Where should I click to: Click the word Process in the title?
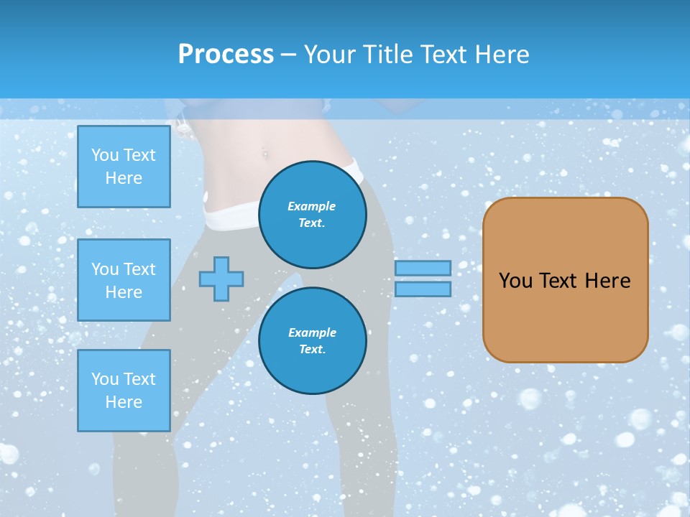point(226,54)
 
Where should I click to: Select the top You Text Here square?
point(124,167)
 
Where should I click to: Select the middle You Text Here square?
point(124,280)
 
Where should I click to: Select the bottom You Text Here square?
point(124,391)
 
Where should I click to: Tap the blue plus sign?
point(221,279)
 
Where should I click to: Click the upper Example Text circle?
point(313,214)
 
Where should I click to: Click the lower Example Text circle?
point(313,340)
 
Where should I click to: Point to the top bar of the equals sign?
point(423,268)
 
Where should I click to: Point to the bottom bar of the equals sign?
point(423,289)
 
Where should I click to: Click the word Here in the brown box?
point(607,281)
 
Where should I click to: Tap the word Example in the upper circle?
point(311,206)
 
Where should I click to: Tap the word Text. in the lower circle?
point(312,350)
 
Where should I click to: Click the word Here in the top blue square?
point(124,178)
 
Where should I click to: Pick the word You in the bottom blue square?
point(105,378)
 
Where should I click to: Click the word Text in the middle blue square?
point(139,269)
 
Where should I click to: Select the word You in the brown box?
point(515,281)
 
